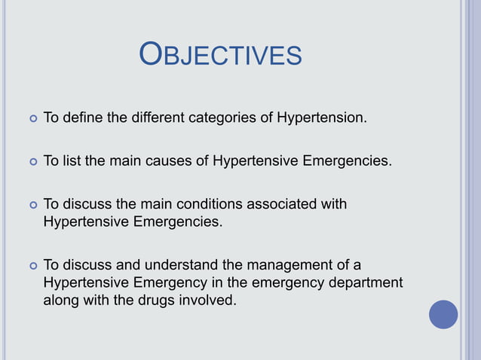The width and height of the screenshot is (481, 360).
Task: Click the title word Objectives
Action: [221, 56]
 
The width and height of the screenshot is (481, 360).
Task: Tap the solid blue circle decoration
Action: [443, 314]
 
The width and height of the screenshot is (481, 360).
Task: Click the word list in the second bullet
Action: [73, 160]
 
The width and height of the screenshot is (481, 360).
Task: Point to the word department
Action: [365, 283]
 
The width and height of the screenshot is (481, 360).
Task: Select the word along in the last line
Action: [60, 301]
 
